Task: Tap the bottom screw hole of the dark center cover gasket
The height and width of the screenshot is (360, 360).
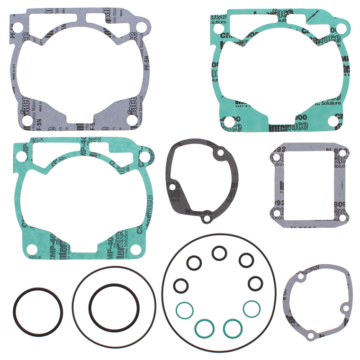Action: click(205, 219)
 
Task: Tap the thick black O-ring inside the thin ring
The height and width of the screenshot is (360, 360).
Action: click(114, 307)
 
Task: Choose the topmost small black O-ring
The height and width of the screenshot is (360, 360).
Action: click(219, 253)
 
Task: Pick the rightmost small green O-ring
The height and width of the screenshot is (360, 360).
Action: click(251, 308)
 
